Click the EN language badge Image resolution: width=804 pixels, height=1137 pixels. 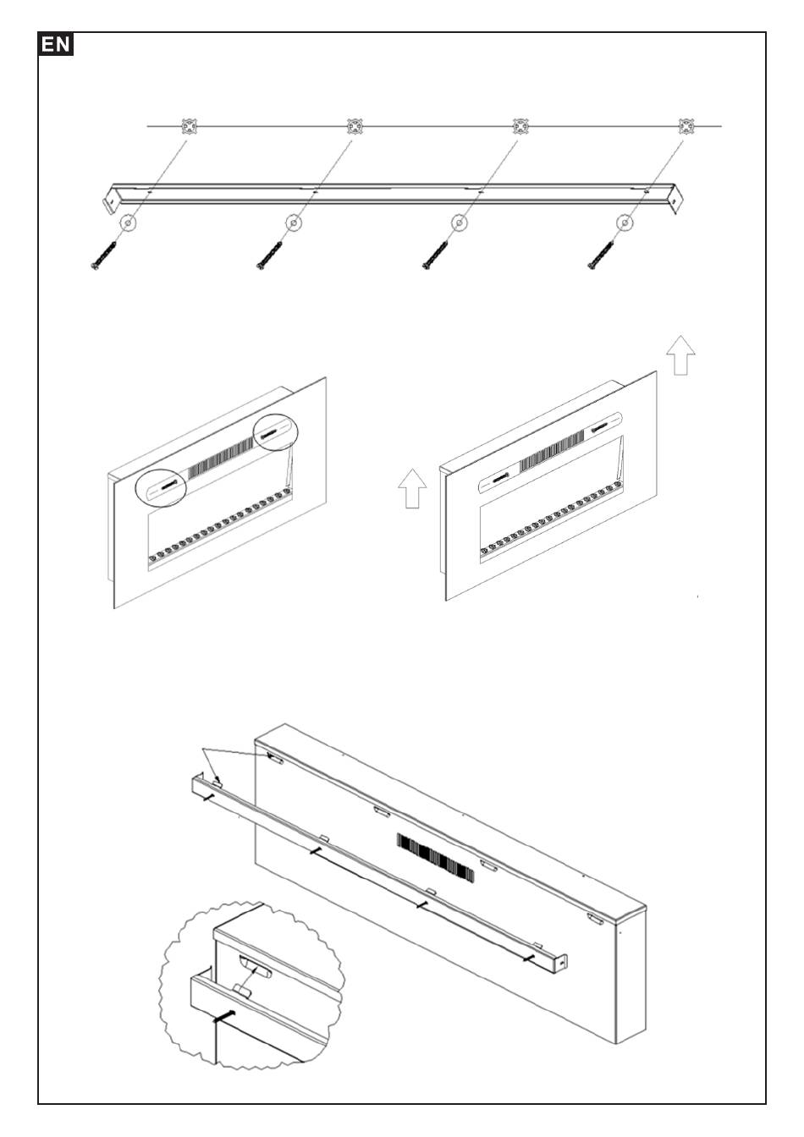[x=57, y=45]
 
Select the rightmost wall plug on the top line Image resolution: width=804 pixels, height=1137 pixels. [x=686, y=127]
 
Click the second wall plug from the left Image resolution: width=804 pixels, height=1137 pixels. [x=355, y=127]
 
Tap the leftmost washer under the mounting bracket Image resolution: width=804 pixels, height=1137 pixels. [x=127, y=223]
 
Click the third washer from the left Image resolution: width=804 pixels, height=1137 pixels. [x=459, y=223]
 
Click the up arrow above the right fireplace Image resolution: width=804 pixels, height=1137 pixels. [x=680, y=354]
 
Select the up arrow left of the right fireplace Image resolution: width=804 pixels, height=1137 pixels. [x=412, y=490]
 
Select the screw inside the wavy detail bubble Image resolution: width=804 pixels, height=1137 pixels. [x=225, y=1017]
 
